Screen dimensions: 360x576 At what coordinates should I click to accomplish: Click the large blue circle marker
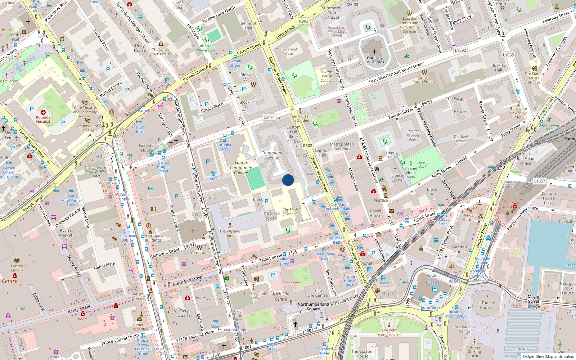pos(288,180)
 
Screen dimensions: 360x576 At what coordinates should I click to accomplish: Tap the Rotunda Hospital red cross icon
pos(43,112)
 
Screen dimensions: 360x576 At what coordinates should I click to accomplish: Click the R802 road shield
pos(307,146)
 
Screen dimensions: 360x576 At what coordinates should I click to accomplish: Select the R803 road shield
pos(304,21)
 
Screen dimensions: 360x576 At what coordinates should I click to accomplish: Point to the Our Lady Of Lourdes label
pos(375,60)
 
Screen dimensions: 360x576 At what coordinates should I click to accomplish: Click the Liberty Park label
pos(423,165)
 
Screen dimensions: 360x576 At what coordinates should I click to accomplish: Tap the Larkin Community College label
pos(241,168)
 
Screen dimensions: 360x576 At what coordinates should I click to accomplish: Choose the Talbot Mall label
pos(291,283)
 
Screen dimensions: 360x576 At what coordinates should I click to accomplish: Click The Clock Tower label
pos(271,216)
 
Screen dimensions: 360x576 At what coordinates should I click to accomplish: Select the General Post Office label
pos(140,327)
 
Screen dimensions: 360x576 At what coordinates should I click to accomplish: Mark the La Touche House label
pos(485,305)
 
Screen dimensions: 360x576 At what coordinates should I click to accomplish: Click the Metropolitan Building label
pos(342,147)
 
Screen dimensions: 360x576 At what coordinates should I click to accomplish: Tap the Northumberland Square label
pos(313,306)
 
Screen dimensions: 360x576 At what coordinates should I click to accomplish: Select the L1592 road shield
pos(460,50)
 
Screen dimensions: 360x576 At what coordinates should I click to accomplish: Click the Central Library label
pos(17,268)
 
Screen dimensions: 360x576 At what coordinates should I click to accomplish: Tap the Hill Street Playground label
pos(207,48)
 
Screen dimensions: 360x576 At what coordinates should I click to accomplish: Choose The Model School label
pos(291,212)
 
